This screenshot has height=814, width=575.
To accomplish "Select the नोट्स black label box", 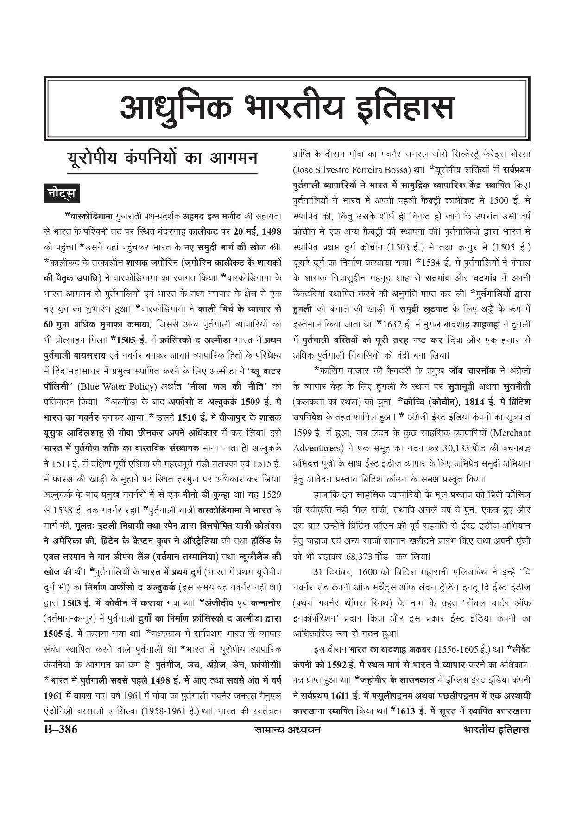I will tap(61, 193).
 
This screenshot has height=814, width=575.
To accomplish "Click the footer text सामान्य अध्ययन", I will tap(287, 730).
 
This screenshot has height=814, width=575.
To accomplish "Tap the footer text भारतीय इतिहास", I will tap(496, 730).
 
